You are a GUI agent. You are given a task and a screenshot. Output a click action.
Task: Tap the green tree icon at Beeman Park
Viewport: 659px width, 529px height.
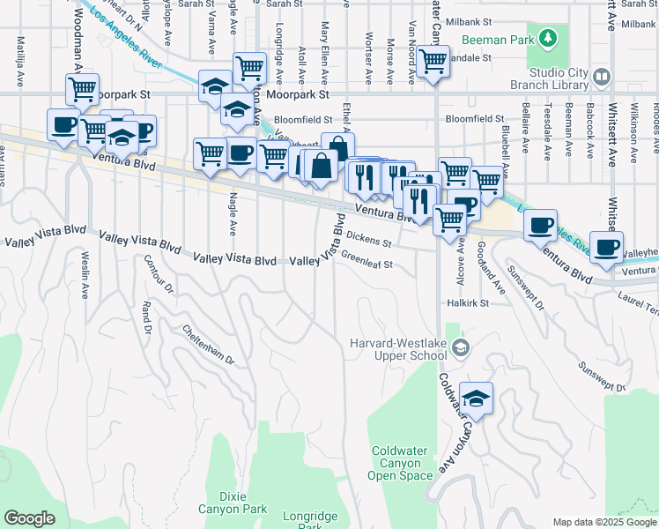548,38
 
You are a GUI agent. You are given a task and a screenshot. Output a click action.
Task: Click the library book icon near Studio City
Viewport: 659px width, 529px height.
602,77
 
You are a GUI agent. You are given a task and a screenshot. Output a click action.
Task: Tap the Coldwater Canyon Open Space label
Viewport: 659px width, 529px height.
402,463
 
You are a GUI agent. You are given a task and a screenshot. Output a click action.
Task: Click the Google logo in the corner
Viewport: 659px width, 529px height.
29,518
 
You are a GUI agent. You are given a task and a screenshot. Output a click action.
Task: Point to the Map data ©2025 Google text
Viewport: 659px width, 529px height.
603,522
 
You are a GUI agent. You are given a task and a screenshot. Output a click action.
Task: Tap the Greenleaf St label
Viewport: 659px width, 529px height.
367,261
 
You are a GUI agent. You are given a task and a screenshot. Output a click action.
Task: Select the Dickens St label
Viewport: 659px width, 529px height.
368,238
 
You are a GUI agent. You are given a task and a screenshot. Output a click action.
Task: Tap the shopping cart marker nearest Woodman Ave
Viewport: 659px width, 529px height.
81,89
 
